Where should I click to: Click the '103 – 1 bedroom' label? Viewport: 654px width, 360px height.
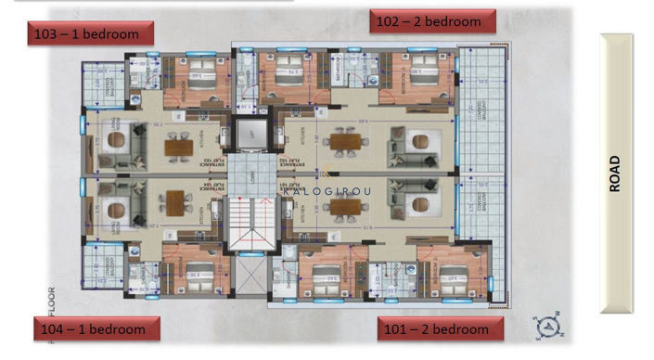(86, 33)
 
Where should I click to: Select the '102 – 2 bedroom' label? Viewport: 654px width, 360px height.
(432, 21)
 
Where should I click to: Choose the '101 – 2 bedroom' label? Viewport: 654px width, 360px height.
(440, 329)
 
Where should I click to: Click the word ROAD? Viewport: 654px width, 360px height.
(614, 174)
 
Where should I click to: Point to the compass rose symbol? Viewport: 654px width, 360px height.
(546, 325)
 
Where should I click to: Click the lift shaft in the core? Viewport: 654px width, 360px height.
(250, 135)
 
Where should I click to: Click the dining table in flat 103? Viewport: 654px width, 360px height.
(178, 145)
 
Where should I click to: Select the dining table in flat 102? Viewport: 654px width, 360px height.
(344, 142)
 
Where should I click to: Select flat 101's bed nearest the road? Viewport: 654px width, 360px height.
(452, 276)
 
